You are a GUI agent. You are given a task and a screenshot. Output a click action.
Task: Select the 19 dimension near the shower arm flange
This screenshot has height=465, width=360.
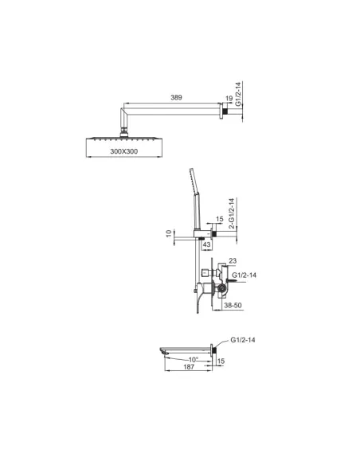tap(229, 101)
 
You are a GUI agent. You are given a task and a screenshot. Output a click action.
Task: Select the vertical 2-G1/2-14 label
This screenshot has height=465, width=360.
tap(230, 213)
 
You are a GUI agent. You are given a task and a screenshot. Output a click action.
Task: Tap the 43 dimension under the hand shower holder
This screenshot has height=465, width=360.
tap(205, 244)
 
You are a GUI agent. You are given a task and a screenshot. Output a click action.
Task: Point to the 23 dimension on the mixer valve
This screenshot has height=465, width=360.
tap(233, 260)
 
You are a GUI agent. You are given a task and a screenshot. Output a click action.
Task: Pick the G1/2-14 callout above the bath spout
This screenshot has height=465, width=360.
tap(244, 341)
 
